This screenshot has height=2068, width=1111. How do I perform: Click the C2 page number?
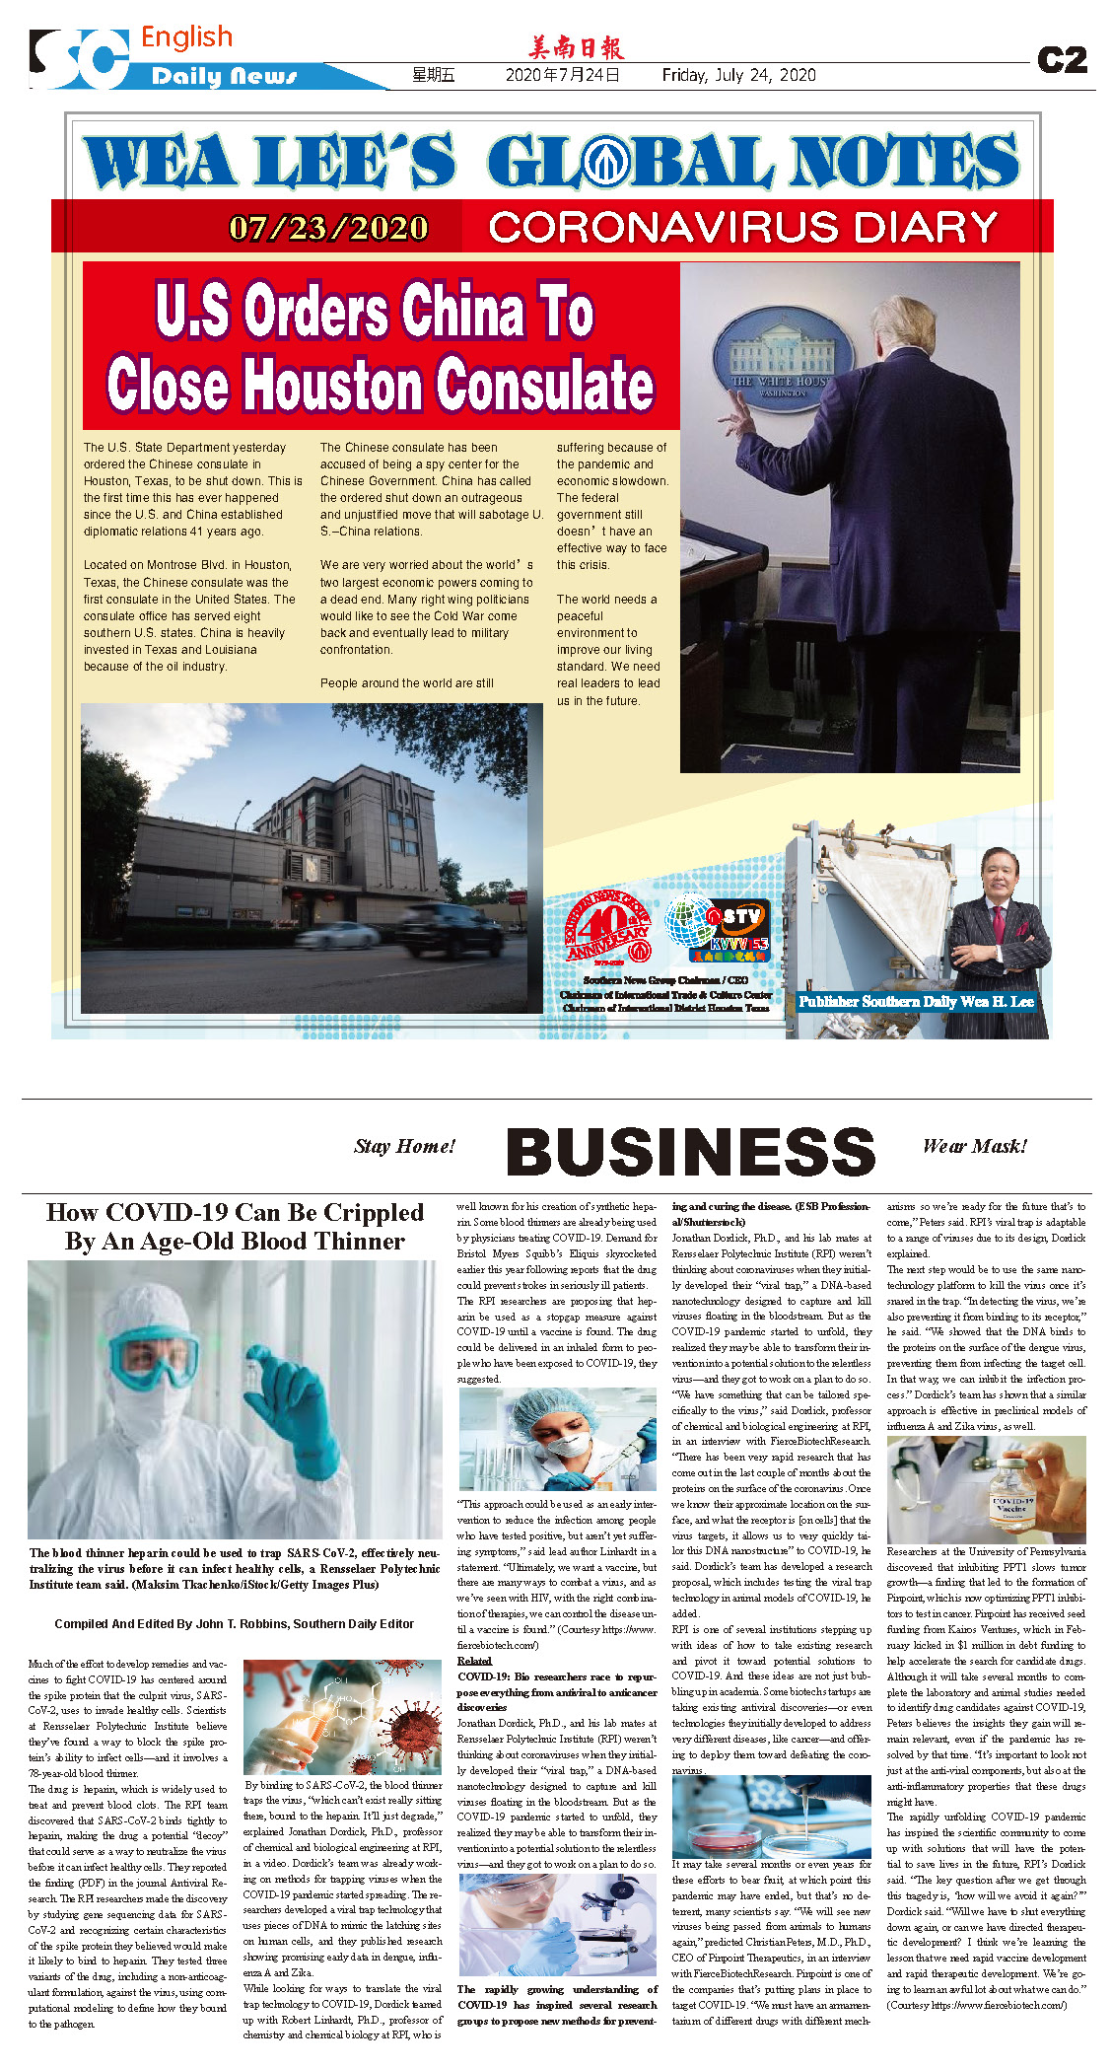[1062, 60]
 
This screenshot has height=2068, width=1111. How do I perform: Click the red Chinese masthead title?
[576, 47]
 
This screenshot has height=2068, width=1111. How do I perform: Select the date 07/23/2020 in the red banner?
[328, 228]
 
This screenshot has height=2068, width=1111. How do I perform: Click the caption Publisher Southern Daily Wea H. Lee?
[915, 1002]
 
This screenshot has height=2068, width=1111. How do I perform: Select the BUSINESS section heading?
[690, 1152]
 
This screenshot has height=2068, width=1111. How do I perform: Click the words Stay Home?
[404, 1146]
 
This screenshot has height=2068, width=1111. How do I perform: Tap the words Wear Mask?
[974, 1146]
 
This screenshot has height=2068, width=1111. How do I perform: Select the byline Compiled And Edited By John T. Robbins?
[234, 1623]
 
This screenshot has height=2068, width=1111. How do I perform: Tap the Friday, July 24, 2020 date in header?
[738, 75]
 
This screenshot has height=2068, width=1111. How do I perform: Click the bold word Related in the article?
[474, 1661]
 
